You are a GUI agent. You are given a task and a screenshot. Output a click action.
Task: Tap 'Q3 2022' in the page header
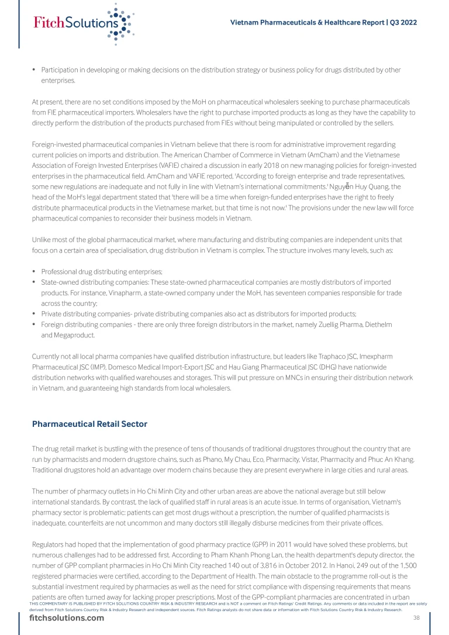pyautogui.click(x=402, y=22)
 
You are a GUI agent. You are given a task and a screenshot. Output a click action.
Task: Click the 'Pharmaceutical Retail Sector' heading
pyautogui.click(x=89, y=424)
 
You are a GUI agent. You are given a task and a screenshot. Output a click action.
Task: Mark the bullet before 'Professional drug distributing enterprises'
pyautogui.click(x=34, y=272)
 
